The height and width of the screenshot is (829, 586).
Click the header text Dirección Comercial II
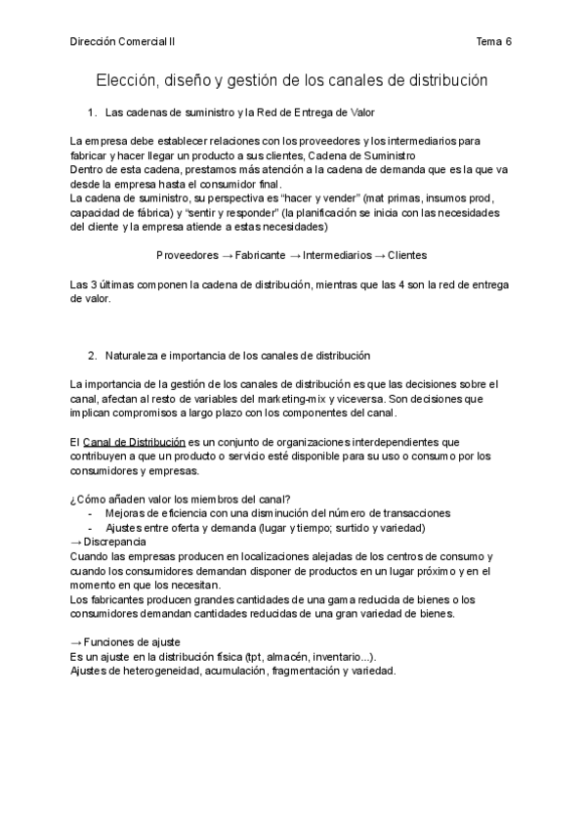click(123, 41)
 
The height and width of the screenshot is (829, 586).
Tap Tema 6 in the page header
click(494, 41)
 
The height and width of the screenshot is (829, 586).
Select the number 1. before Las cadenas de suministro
click(93, 114)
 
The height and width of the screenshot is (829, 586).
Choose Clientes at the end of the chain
click(407, 255)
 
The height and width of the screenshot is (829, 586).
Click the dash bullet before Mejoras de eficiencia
click(91, 513)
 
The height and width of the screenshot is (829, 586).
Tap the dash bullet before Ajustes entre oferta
click(91, 528)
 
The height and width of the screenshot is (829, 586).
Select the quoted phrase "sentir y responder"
click(226, 213)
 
